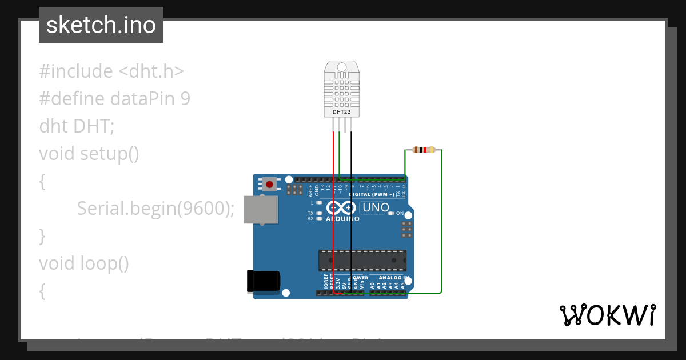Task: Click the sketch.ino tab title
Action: [x=101, y=25]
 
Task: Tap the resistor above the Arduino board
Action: [x=424, y=150]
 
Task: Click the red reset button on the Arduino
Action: [x=269, y=184]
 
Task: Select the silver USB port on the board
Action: [x=260, y=210]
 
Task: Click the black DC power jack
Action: [x=263, y=281]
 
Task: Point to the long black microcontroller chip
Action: [x=362, y=260]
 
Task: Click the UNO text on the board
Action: [x=376, y=207]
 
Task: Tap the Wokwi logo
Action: [x=607, y=315]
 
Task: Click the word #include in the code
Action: [x=76, y=71]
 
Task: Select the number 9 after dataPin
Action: [x=185, y=99]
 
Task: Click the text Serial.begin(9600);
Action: [x=156, y=209]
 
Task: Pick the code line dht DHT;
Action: [x=77, y=126]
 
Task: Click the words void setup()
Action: [x=89, y=154]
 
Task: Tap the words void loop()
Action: [x=83, y=263]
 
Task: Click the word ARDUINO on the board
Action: [x=342, y=219]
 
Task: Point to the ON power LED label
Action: [x=400, y=213]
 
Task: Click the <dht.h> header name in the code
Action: [x=151, y=71]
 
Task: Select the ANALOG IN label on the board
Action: [x=393, y=278]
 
